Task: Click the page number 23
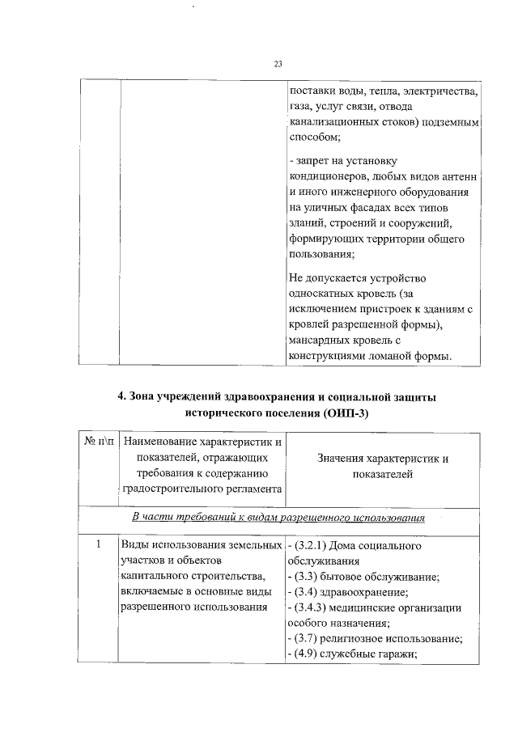(x=278, y=64)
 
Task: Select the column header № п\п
(x=99, y=443)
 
